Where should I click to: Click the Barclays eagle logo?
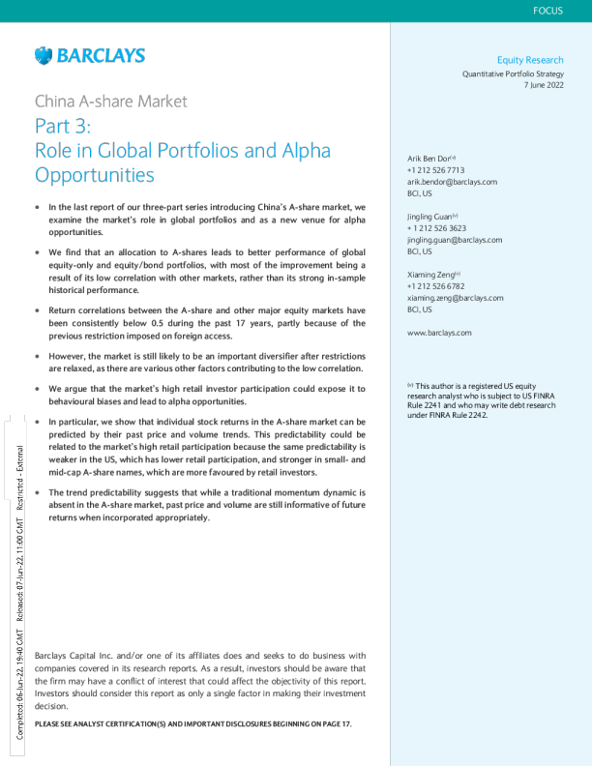point(44,55)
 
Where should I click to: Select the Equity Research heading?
point(529,60)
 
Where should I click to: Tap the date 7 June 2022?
point(543,85)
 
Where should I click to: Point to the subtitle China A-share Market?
point(110,101)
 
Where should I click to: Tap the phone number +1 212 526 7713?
point(436,169)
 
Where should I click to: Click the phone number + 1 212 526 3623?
point(437,228)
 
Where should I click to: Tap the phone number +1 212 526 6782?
point(436,287)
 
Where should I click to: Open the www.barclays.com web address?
point(440,333)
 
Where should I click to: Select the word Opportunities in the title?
point(95,176)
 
